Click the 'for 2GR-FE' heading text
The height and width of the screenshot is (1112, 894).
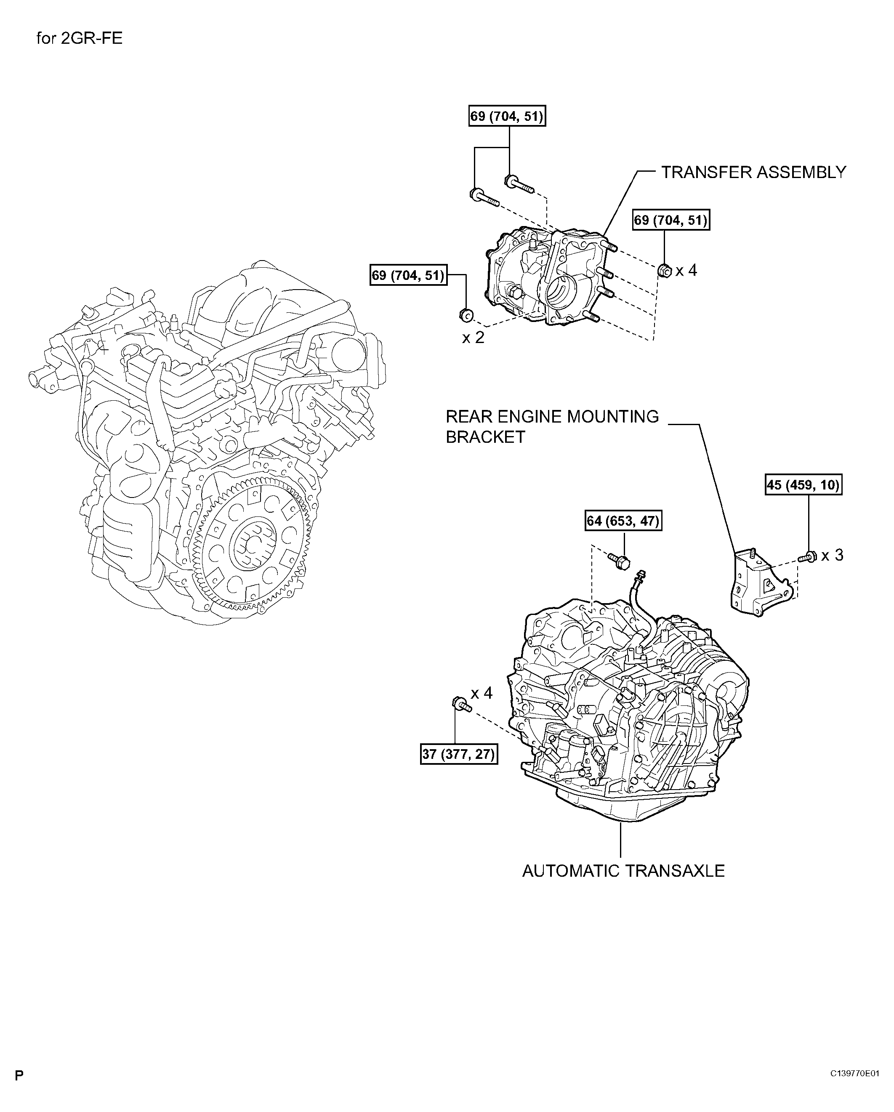[80, 39]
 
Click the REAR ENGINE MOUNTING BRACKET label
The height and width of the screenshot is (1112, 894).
[552, 426]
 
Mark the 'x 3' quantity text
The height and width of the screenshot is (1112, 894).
[832, 556]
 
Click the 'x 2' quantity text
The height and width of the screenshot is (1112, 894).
[473, 338]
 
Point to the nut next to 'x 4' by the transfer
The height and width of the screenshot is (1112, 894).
[665, 270]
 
